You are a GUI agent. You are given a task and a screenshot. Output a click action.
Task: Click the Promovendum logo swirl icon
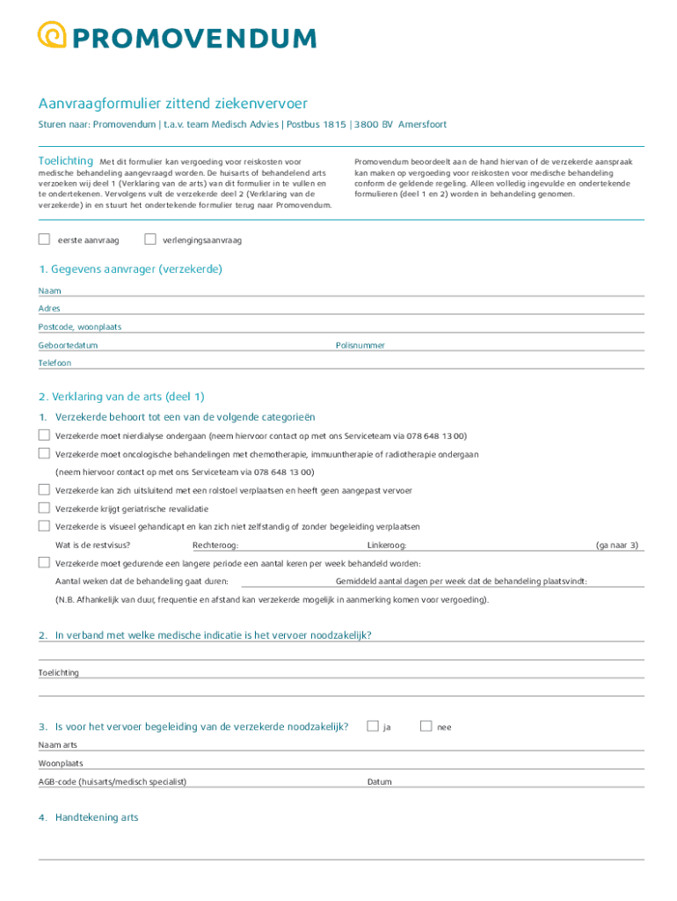click(52, 35)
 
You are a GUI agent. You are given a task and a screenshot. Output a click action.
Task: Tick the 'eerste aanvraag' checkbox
click(44, 239)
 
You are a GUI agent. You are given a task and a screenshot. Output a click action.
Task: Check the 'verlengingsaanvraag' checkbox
click(149, 239)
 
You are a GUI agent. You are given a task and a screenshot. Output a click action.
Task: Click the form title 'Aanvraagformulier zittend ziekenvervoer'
click(172, 104)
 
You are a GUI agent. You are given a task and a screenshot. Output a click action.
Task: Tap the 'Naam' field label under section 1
click(49, 290)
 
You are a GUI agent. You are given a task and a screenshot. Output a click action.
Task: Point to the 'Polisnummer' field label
click(360, 346)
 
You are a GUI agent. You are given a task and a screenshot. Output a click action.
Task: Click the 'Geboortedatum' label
click(68, 346)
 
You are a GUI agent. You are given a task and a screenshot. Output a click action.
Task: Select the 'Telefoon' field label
click(55, 363)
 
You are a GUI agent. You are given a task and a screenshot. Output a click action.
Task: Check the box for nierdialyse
click(44, 436)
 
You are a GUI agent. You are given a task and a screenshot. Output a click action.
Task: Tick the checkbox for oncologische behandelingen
click(44, 454)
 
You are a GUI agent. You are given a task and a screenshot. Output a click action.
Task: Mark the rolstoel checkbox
click(44, 490)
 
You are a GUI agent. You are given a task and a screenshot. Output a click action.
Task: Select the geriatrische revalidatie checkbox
click(44, 509)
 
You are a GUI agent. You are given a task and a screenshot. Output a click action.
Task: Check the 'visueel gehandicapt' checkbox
click(44, 526)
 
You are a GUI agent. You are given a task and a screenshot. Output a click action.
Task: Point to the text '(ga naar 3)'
click(617, 546)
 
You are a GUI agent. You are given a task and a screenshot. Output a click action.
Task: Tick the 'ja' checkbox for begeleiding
click(373, 727)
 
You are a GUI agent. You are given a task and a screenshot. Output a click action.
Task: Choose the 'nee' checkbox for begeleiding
click(426, 727)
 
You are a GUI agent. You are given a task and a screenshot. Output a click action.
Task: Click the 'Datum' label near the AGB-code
click(379, 781)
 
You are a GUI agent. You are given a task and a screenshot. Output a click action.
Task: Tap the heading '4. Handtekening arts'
click(88, 817)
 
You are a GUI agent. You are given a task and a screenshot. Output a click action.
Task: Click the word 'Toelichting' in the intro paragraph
click(65, 161)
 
